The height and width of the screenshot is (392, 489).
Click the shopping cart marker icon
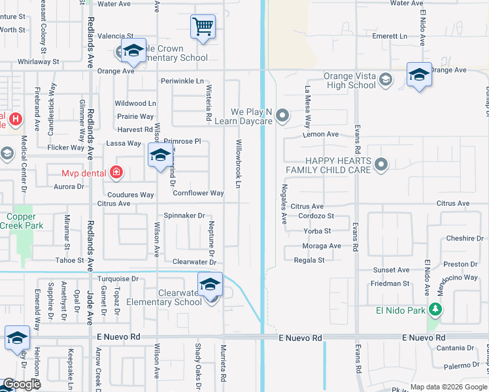coord(203,27)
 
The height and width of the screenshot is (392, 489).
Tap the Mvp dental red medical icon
coord(116,173)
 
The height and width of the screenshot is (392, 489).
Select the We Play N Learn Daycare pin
coord(282,116)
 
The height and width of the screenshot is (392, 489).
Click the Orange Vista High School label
coord(350,80)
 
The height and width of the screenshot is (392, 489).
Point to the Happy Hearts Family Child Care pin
coord(382,164)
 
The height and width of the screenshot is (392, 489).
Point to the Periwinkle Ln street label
coord(182,81)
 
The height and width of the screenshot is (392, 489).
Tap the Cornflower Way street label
coord(198,193)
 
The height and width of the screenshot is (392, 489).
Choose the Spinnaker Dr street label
coord(184,216)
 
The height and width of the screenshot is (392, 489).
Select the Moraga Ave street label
coord(322,246)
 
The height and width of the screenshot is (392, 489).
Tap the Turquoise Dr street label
coord(118,278)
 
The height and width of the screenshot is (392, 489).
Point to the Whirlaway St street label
coord(39,61)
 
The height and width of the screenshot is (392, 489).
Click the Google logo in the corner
coord(21,385)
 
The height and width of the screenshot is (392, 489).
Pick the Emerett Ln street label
coord(390,37)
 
